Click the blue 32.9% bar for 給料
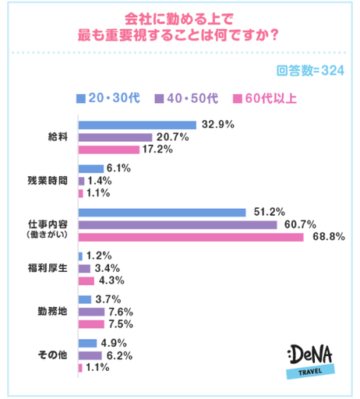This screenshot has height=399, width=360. pos(136,124)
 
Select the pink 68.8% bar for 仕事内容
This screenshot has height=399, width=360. pos(191,236)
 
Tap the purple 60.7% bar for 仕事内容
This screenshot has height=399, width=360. pos(178,224)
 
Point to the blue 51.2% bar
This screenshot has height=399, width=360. pos(162,211)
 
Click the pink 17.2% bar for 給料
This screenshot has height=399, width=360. pos(108,149)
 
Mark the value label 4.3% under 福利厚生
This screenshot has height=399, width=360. pos(110,281)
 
